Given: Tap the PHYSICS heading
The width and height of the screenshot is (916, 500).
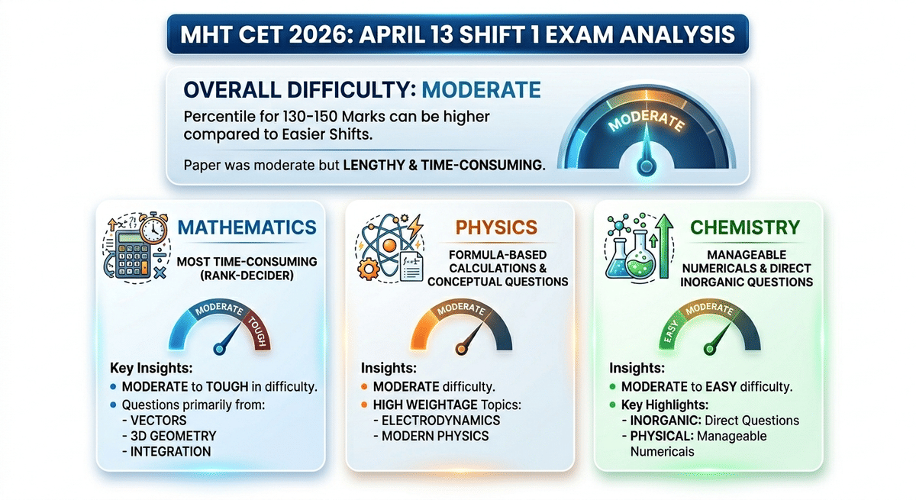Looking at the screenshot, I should point(497,227).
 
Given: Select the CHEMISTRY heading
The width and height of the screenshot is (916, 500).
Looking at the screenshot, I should point(744,227).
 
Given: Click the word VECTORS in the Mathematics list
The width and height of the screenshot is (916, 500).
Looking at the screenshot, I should point(153,420).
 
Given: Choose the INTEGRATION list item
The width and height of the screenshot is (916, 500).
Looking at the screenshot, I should point(166,451).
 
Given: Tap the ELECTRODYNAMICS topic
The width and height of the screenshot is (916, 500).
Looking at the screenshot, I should point(435,420).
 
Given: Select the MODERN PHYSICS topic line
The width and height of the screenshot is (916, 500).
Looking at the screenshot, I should point(431,436).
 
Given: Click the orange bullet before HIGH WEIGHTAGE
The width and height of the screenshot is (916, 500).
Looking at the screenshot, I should point(365,404).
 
